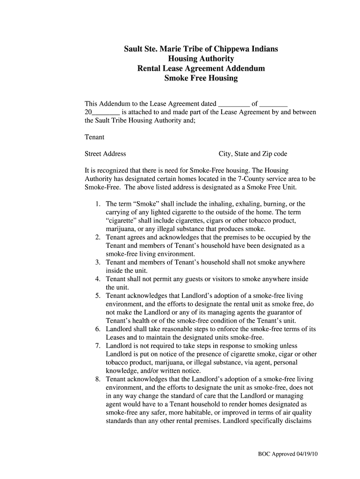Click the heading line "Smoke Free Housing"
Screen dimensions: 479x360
pyautogui.click(x=201, y=78)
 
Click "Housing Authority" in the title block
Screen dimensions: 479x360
pyautogui.click(x=201, y=58)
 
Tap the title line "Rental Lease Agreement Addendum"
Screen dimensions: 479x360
pyautogui.click(x=201, y=68)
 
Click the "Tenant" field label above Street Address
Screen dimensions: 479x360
pyautogui.click(x=94, y=137)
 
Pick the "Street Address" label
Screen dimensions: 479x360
pyautogui.click(x=105, y=153)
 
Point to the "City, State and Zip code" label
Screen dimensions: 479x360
pyautogui.click(x=253, y=153)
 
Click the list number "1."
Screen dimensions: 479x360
pyautogui.click(x=97, y=204)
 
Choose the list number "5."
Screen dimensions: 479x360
pyautogui.click(x=97, y=296)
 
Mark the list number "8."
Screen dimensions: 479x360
pyautogui.click(x=97, y=379)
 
